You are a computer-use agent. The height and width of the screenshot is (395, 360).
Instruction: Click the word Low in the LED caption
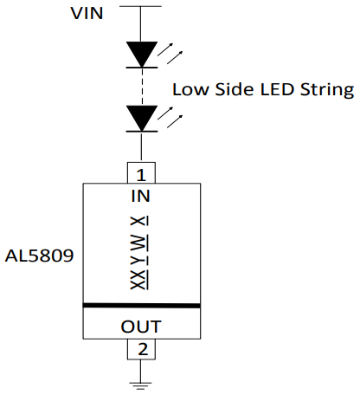coord(189,89)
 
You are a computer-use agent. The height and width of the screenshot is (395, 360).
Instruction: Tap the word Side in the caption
coord(228,89)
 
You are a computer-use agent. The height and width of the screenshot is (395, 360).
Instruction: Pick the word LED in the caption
coord(268,89)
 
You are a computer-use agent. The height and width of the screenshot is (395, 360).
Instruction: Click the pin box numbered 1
coord(141,172)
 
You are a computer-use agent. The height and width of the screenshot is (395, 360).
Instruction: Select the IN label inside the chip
coord(141,196)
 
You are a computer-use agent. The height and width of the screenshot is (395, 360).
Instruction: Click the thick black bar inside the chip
coord(141,305)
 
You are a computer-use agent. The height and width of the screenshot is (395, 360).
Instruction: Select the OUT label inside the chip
coord(141,326)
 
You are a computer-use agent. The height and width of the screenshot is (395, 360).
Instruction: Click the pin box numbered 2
coord(141,350)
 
